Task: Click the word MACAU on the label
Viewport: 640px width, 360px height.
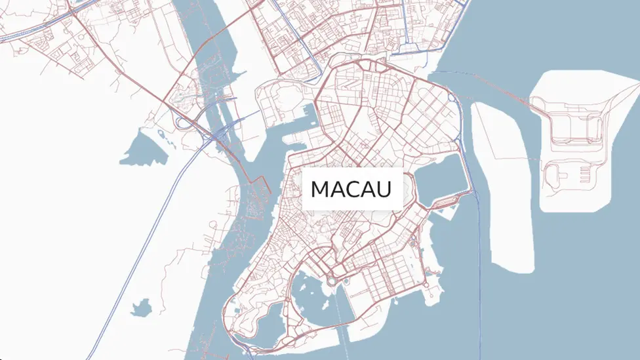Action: pos(351,190)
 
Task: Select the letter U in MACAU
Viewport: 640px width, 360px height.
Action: pos(384,190)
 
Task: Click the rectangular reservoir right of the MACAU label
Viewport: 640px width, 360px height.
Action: pos(438,180)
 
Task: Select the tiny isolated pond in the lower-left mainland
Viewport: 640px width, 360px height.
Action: pos(140,306)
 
